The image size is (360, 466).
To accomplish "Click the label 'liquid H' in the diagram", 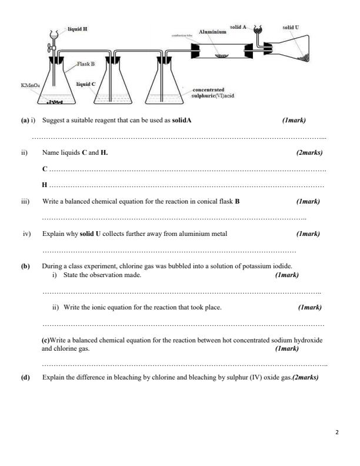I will [x=78, y=29].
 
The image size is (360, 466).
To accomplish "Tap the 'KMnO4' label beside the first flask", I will [x=31, y=85].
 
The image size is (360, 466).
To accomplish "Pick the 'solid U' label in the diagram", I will [x=291, y=27].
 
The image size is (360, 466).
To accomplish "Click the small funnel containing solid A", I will [x=256, y=30].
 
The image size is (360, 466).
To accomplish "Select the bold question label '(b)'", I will [x=25, y=266].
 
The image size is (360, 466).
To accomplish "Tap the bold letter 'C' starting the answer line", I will [x=45, y=169].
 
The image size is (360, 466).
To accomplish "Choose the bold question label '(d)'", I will [x=25, y=378].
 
